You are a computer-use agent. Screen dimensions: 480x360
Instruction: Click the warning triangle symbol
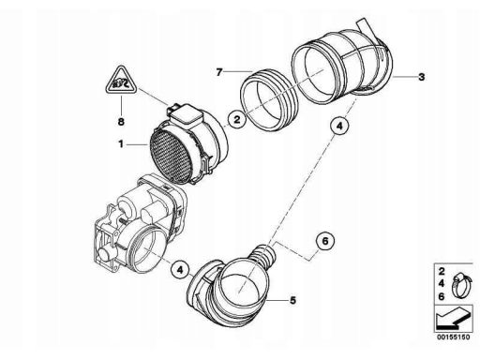[121, 81]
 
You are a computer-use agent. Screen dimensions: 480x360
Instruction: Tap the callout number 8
[121, 122]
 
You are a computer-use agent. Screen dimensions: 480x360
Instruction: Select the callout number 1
[121, 144]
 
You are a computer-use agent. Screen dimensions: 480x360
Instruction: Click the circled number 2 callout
[237, 119]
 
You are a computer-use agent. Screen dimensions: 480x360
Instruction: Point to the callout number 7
[219, 72]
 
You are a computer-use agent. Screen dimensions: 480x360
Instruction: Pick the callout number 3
[422, 77]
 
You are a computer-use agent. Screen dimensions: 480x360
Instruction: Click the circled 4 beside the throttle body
[180, 269]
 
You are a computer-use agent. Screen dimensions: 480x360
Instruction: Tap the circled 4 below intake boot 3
[339, 126]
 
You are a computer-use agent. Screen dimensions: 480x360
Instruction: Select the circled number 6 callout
[325, 241]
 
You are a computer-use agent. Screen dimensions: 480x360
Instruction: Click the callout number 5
[292, 300]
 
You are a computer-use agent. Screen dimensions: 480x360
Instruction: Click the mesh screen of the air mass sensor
[170, 157]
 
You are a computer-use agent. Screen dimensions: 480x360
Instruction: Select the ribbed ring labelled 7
[269, 99]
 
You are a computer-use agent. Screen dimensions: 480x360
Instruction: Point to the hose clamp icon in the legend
[460, 285]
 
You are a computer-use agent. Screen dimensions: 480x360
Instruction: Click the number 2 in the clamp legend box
[442, 271]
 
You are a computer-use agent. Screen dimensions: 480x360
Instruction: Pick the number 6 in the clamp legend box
[442, 296]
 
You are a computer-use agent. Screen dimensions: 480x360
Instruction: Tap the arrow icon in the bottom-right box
[453, 319]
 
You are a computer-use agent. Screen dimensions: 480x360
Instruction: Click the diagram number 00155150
[453, 337]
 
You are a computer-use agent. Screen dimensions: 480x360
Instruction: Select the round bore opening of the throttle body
[147, 250]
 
